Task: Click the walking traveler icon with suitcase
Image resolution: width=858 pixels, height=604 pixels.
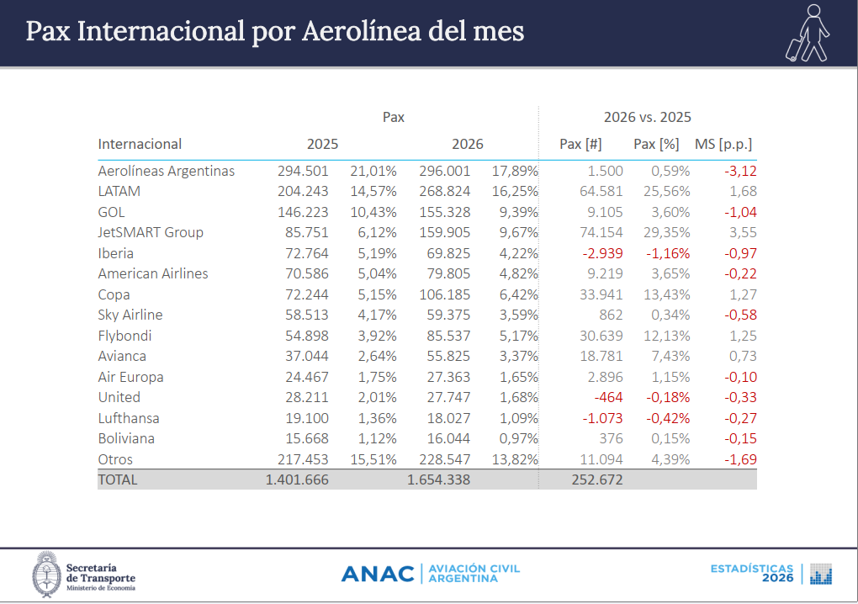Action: click(808, 33)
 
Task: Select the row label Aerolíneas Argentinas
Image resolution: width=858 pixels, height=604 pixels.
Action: click(167, 171)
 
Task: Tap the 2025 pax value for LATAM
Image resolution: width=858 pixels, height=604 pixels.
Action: click(303, 191)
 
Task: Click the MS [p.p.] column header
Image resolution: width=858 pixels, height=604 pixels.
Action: click(723, 144)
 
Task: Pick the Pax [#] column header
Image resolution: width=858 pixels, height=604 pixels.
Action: click(580, 144)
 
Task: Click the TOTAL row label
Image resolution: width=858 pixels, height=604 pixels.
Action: click(118, 479)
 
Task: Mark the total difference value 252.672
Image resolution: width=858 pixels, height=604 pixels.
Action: click(596, 479)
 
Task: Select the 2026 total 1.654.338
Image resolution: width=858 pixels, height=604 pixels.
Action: click(438, 479)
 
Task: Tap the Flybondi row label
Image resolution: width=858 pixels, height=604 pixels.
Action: click(125, 336)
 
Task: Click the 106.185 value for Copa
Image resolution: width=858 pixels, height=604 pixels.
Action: click(445, 294)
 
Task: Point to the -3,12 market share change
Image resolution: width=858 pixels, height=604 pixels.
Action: click(740, 171)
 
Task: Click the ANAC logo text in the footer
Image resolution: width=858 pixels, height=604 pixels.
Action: click(378, 574)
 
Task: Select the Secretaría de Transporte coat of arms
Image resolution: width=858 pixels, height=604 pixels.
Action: click(45, 575)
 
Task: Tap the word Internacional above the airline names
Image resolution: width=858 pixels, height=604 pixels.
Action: click(140, 144)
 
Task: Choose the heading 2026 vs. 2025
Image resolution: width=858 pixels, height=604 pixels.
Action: click(647, 117)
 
